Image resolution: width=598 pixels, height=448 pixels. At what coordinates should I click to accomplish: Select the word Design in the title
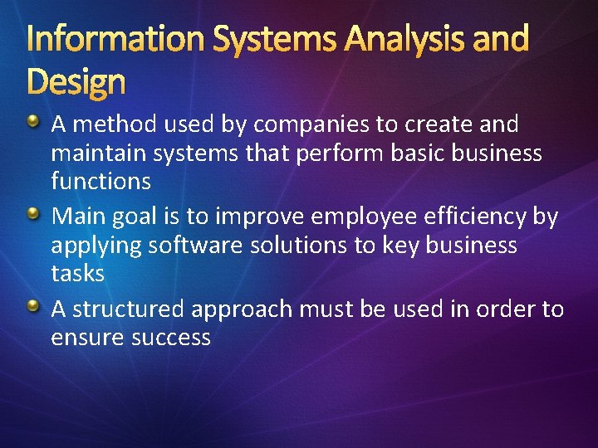click(x=76, y=82)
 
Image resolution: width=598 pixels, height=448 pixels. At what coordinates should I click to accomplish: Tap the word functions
click(x=100, y=181)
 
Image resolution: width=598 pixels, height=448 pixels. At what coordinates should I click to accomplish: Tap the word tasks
click(x=77, y=273)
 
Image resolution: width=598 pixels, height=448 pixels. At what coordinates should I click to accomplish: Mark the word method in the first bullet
click(x=105, y=125)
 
